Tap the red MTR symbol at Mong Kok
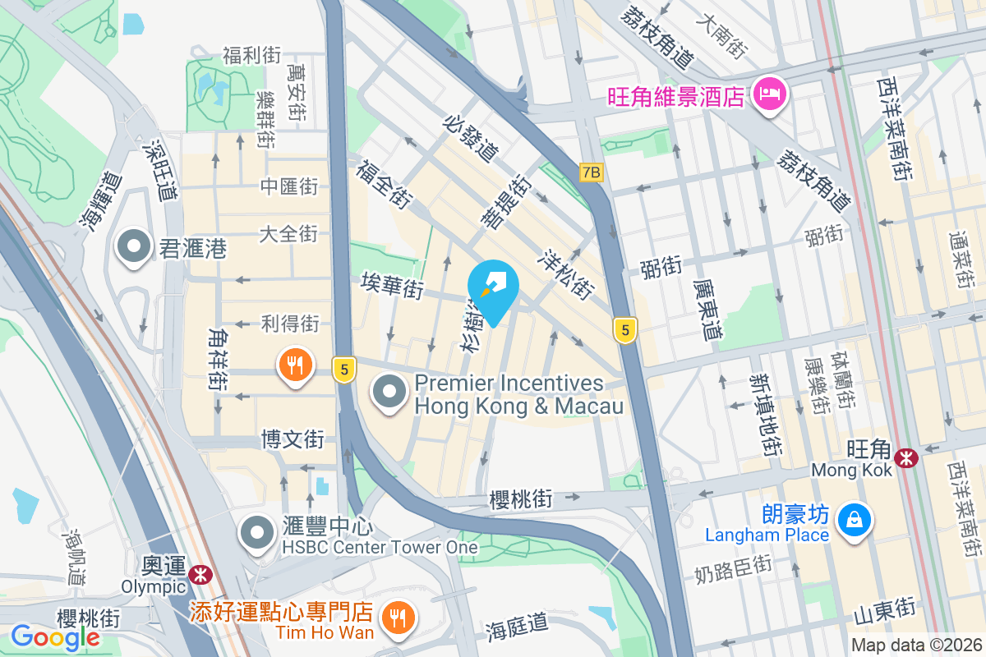(x=906, y=457)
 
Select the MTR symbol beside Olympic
(x=198, y=574)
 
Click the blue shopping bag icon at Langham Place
(x=855, y=519)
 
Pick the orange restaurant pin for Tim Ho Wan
(x=399, y=614)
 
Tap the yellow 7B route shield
(x=591, y=172)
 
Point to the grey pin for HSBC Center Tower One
(x=257, y=532)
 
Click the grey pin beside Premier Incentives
(x=389, y=391)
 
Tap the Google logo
(x=55, y=636)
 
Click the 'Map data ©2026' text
(x=915, y=645)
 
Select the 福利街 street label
(x=251, y=56)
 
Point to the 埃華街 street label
(x=392, y=287)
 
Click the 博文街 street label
(x=293, y=439)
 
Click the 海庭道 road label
(x=516, y=626)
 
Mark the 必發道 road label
(x=471, y=138)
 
